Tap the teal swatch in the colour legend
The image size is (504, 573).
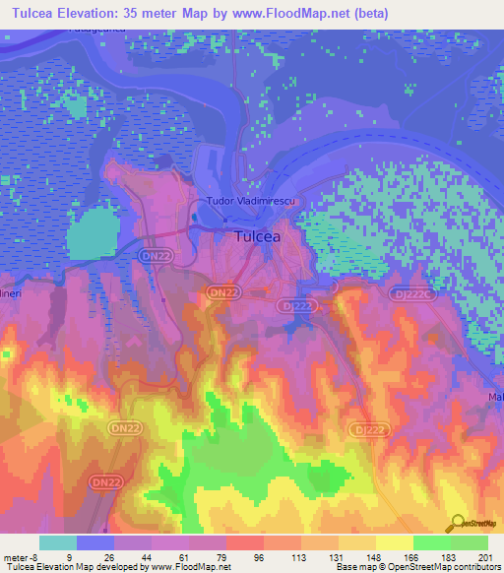57,542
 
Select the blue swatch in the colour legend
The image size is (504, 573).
95,542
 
